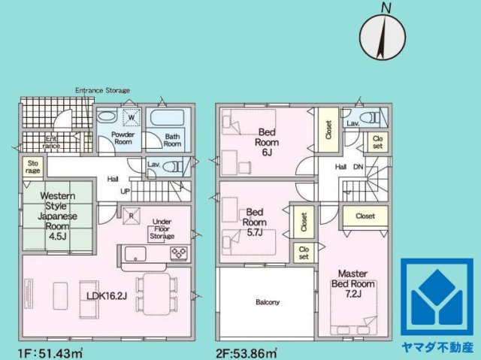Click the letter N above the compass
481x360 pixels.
click(386, 8)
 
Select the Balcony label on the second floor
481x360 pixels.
click(268, 302)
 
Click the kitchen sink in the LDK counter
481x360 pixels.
click(135, 254)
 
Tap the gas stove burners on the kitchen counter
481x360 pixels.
click(179, 253)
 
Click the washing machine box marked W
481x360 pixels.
click(132, 117)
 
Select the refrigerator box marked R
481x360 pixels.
click(132, 216)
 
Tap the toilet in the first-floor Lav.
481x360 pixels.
click(172, 167)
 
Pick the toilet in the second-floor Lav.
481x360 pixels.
click(370, 116)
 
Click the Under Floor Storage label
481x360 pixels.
click(162, 228)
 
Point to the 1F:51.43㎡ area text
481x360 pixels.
click(50, 353)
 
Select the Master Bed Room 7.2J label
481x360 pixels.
click(352, 283)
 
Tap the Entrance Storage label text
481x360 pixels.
click(102, 90)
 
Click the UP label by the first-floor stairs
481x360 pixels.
click(126, 192)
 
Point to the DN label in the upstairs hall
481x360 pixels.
click(358, 167)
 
